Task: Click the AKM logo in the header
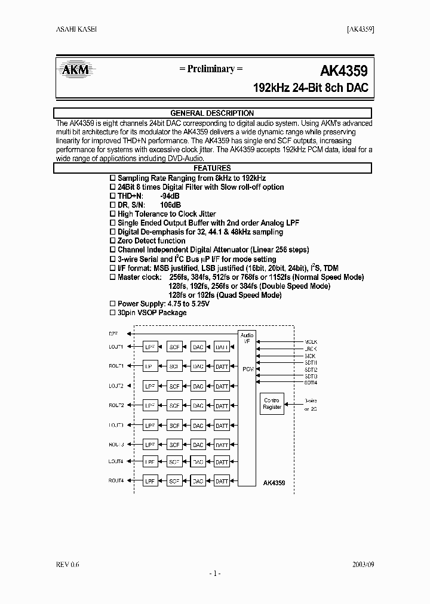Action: click(76, 70)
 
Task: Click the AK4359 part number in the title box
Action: click(343, 70)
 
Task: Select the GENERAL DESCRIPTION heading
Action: click(212, 113)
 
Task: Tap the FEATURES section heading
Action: click(212, 168)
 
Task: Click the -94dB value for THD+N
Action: click(170, 196)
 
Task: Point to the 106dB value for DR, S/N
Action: click(171, 205)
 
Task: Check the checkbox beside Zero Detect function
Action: click(113, 241)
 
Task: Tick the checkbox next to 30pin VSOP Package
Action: click(113, 313)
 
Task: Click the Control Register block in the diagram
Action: click(272, 403)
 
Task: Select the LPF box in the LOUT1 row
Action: click(150, 347)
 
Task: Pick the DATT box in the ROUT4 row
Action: click(222, 480)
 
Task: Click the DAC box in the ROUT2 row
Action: click(198, 406)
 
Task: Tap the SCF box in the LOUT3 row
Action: click(174, 426)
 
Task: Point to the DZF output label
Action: click(113, 332)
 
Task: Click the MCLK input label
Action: click(311, 342)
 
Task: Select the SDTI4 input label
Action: click(311, 382)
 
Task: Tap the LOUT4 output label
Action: click(116, 461)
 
